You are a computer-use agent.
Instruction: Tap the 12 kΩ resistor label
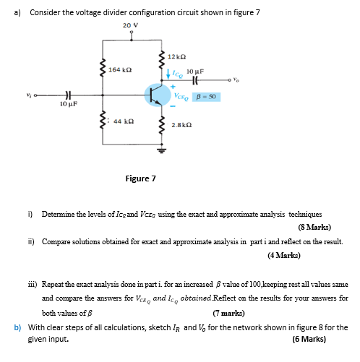tap(178, 56)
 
